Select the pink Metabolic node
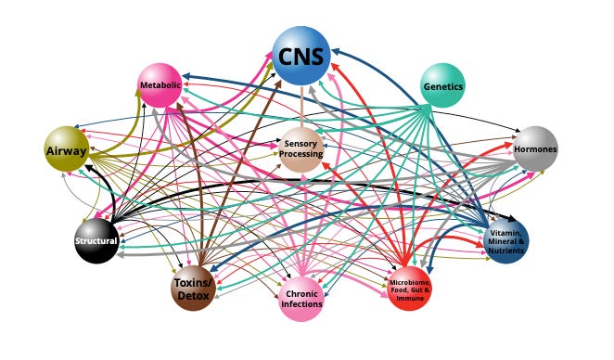coord(159,85)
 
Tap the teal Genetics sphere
coord(442,86)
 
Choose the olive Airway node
coord(66,148)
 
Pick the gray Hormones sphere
coord(535,148)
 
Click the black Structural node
coord(96,241)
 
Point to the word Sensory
coord(301,144)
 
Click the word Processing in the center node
coord(301,154)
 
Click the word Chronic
coord(302,293)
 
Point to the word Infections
coord(302,304)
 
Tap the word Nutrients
coord(506,251)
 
